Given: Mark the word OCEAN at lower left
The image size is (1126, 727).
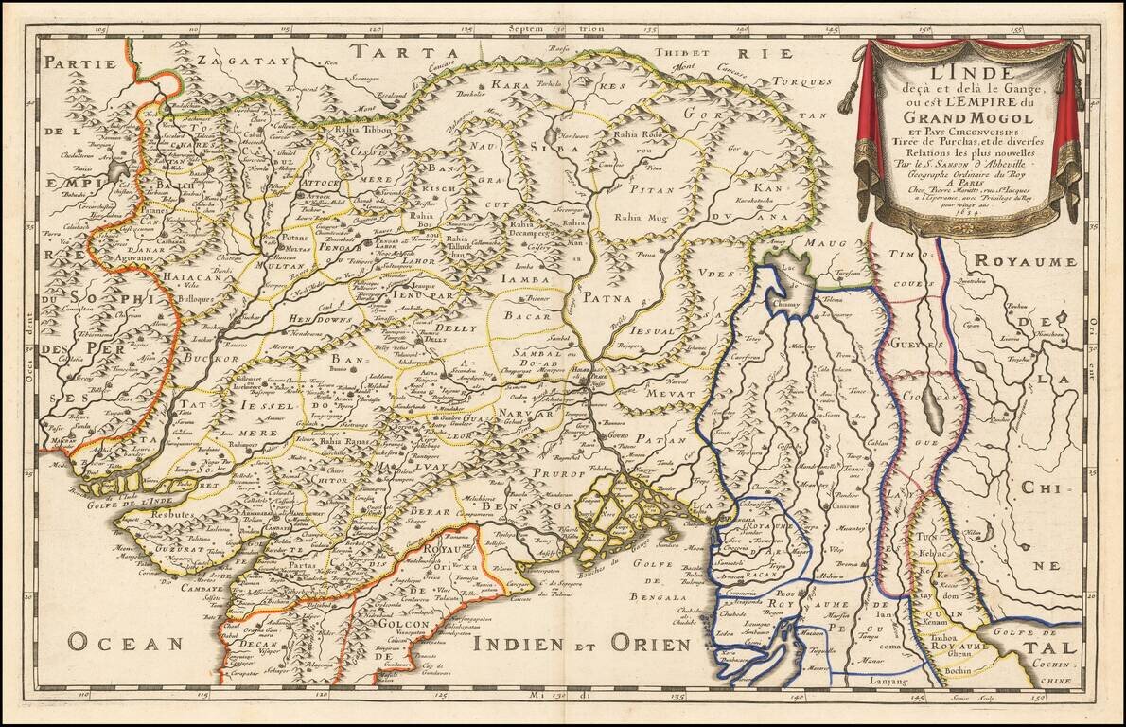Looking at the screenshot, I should tap(125, 645).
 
